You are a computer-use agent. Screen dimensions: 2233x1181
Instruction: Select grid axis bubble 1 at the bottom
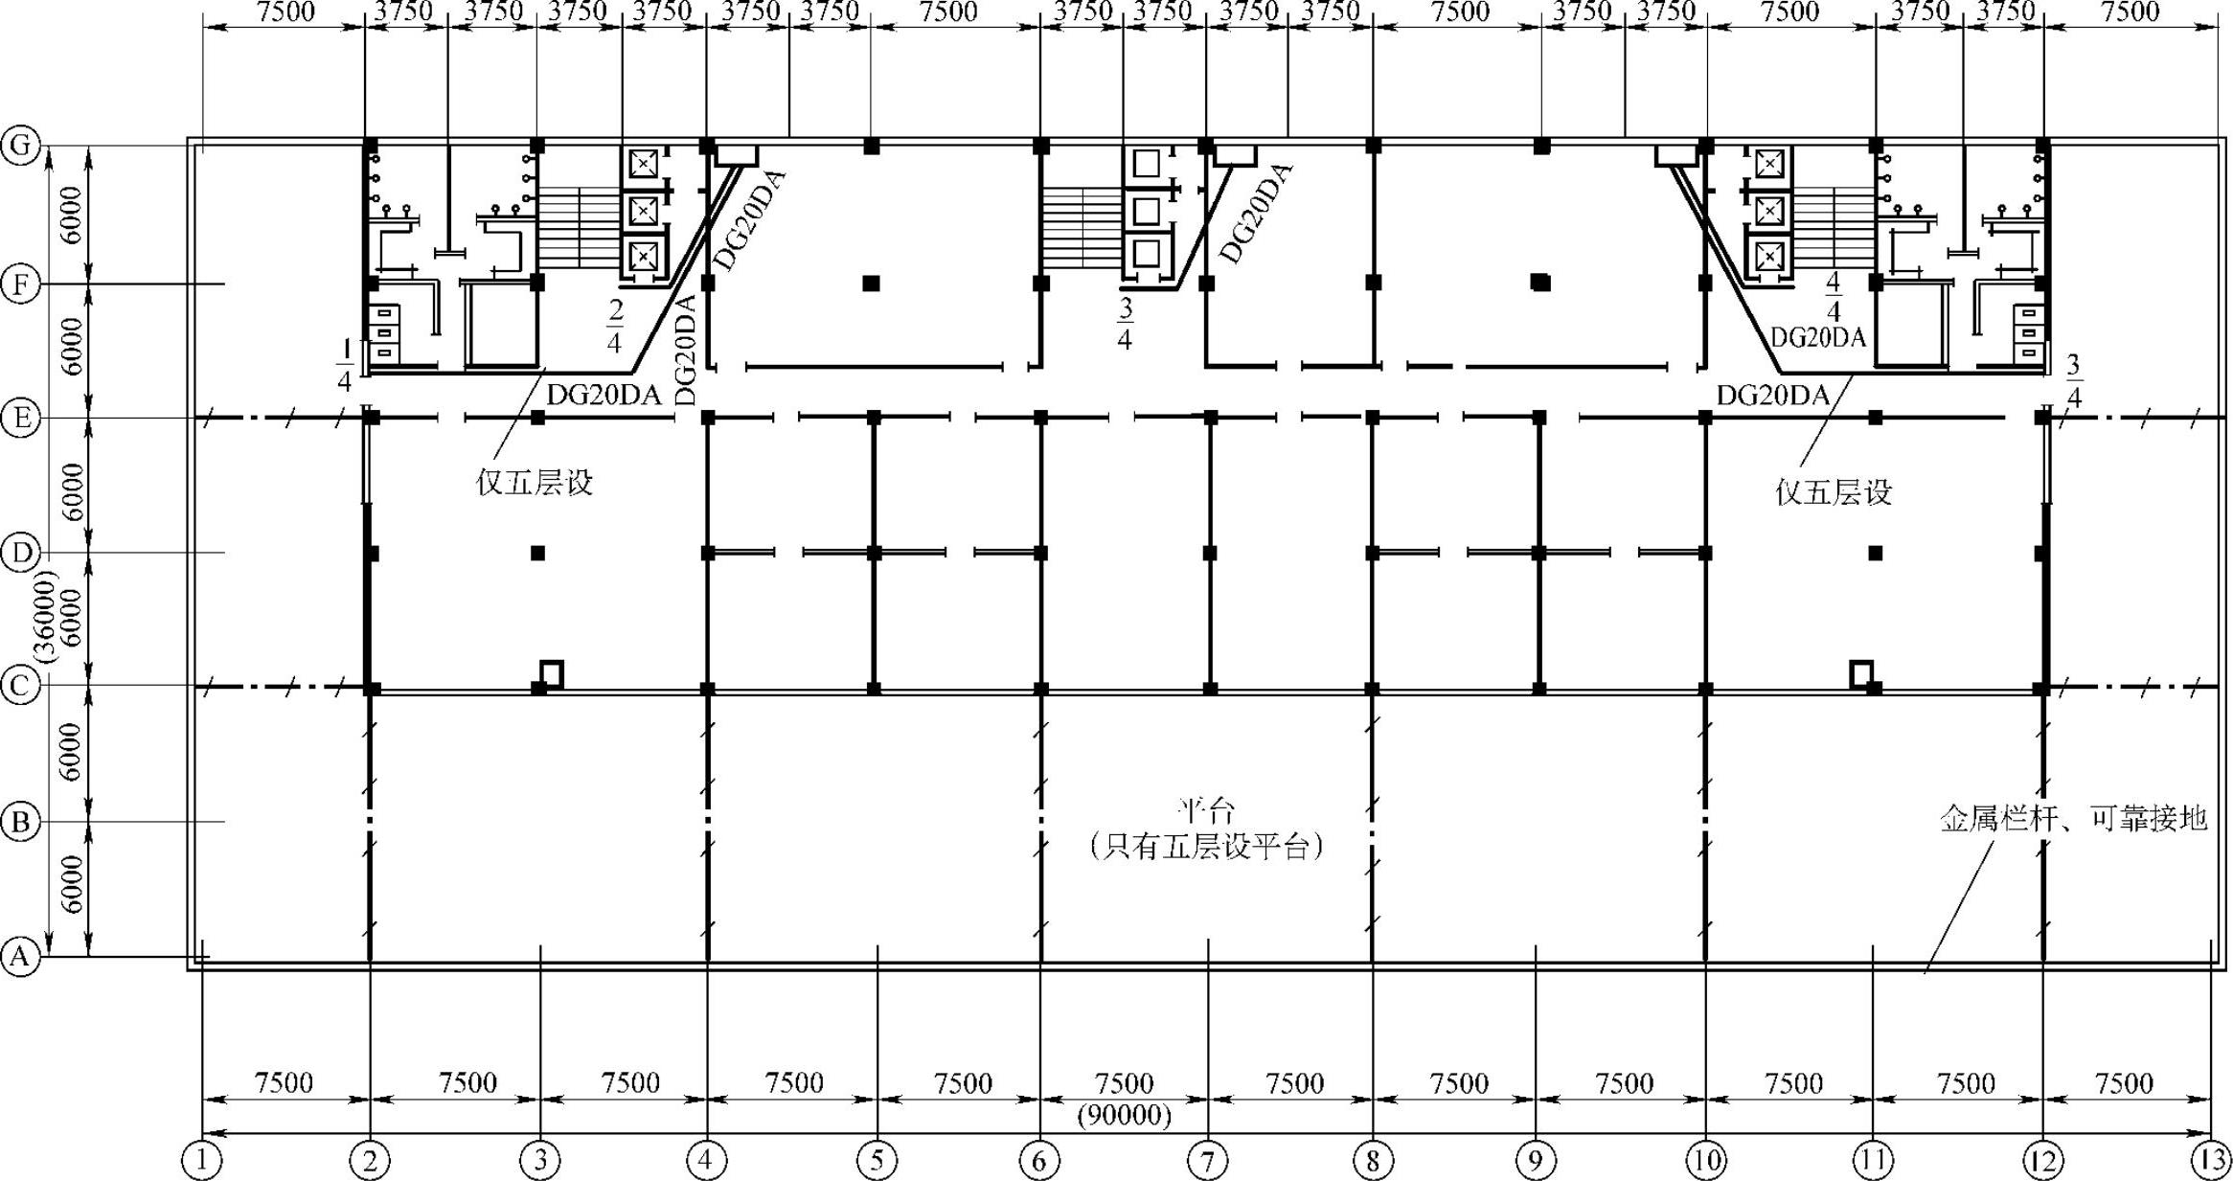[x=201, y=1161]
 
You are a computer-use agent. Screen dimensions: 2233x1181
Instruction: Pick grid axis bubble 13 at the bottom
[x=2211, y=1161]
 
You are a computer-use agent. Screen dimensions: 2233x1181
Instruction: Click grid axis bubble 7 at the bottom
[x=1207, y=1161]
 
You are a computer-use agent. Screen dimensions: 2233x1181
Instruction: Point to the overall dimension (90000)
[x=1124, y=1116]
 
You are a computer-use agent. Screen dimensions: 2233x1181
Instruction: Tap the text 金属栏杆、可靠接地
[x=2073, y=819]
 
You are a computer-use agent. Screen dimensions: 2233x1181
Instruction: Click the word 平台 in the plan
[x=1206, y=811]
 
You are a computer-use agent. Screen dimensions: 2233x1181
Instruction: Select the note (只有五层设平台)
[x=1206, y=847]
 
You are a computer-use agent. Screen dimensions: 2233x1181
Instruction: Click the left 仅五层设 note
[x=535, y=482]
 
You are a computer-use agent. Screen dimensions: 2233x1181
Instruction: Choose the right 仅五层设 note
[x=1834, y=492]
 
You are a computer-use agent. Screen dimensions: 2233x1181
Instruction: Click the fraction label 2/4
[x=614, y=326]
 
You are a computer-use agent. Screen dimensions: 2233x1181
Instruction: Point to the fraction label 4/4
[x=1833, y=297]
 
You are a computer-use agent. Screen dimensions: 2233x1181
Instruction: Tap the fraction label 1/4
[x=345, y=365]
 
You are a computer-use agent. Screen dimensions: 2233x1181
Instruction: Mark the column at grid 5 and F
[x=871, y=283]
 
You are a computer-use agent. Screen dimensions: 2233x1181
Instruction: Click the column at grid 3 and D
[x=537, y=553]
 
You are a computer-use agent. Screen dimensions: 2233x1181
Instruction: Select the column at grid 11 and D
[x=1876, y=553]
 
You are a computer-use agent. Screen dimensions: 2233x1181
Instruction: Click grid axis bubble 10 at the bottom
[x=1705, y=1161]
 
